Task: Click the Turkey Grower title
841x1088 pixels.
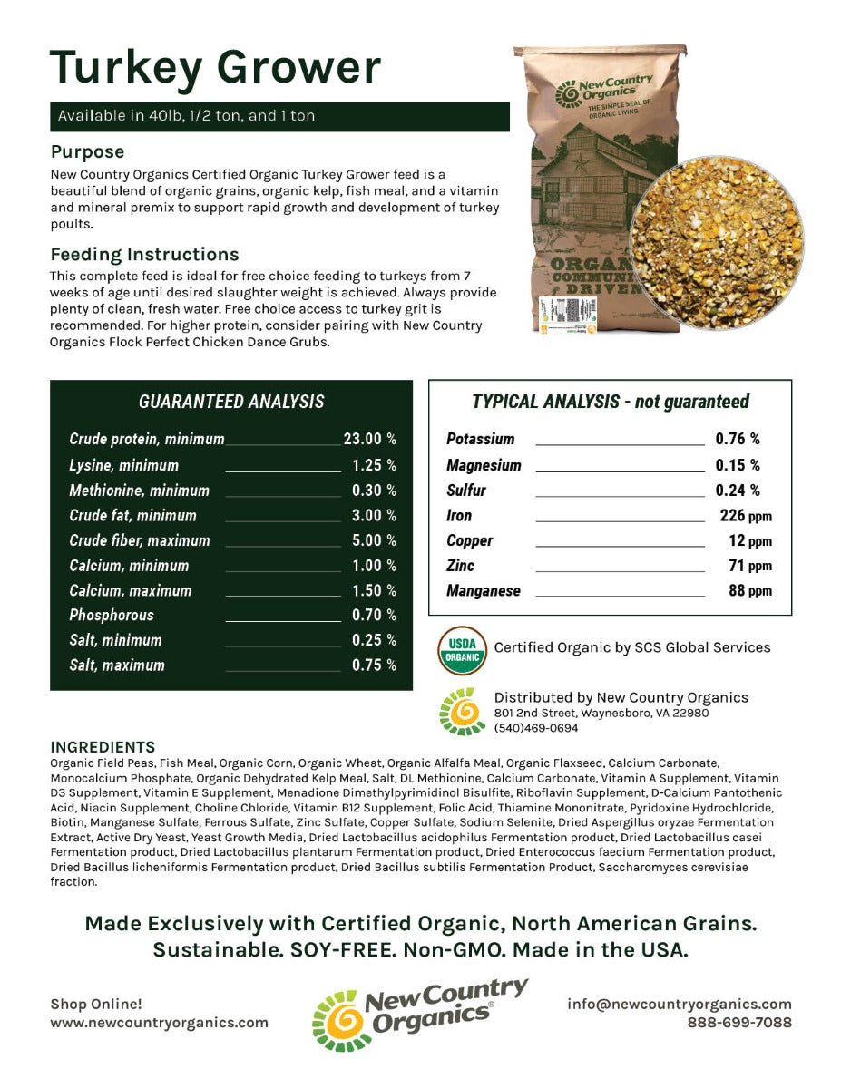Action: [x=216, y=67]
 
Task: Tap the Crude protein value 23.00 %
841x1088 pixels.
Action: [x=370, y=439]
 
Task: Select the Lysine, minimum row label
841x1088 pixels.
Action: [x=124, y=465]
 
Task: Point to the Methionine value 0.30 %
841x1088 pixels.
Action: [x=374, y=491]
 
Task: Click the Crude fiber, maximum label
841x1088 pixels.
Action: [x=140, y=540]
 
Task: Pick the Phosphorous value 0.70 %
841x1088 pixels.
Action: [x=374, y=615]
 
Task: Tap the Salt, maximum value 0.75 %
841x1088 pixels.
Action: [x=374, y=665]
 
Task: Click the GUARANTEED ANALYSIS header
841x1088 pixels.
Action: [x=231, y=402]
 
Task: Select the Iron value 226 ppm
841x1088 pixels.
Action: [x=739, y=516]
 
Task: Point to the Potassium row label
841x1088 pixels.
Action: [x=481, y=439]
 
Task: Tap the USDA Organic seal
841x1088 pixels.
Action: [x=462, y=650]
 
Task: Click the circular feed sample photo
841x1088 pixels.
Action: [x=718, y=242]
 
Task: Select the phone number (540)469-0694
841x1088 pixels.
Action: [x=536, y=728]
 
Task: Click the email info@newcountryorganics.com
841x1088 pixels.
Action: [x=680, y=1004]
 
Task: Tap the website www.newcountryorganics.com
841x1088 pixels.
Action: [x=160, y=1022]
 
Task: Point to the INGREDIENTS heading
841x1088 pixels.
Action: [x=103, y=747]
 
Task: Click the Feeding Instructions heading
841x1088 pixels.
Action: [x=145, y=254]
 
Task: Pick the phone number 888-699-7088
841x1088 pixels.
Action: [x=739, y=1022]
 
